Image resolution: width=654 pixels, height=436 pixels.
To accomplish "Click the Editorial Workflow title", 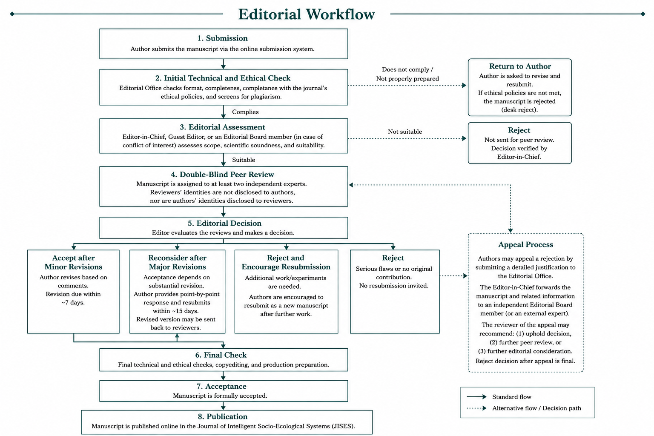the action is pos(306,14).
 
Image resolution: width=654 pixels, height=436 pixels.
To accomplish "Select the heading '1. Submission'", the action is pos(223,38).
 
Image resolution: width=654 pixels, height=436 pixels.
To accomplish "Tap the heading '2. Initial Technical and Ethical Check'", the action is pos(223,78).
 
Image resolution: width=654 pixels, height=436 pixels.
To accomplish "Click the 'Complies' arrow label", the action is pos(245,112).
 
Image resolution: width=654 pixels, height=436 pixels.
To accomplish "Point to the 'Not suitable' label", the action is pos(404,132).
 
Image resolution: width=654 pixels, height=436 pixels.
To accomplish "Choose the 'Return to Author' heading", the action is pos(520,66).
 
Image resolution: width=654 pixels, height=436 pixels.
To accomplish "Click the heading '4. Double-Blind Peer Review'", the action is pos(223,175).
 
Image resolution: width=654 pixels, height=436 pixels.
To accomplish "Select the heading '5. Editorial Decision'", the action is pos(224,224).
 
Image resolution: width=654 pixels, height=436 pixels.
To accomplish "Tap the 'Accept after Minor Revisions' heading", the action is pos(73,262).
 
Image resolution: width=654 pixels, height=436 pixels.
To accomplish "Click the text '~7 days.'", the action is pos(73,303).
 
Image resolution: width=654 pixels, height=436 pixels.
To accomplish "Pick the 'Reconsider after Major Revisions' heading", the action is pos(177,262).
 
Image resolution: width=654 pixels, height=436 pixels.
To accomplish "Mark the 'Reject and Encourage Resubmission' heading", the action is pos(286,262).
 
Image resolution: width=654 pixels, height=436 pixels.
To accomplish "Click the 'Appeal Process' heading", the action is pos(525,245).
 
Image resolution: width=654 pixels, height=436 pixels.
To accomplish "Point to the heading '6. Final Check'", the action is pos(221,355).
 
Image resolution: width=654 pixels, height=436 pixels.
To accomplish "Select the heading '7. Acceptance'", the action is pos(221,386).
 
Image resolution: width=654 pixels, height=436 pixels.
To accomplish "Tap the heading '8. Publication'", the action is pos(223,417).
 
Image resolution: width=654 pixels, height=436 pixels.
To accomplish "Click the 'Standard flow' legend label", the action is pos(511,397).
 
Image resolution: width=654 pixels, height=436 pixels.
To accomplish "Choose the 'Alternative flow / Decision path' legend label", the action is pos(536,408).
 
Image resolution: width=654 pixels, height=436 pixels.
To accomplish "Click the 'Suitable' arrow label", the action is pos(244,160).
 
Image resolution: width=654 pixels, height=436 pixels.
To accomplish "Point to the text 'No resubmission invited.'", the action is pos(393,286).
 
